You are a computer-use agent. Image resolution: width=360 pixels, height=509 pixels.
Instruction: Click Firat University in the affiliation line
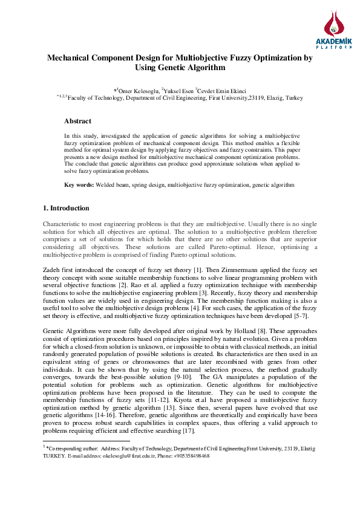(x=224, y=97)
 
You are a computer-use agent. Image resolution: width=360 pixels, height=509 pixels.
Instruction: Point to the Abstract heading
(x=77, y=122)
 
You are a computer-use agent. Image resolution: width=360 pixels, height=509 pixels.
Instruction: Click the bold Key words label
(x=79, y=184)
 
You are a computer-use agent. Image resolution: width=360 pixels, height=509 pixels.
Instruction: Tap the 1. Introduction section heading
(x=66, y=208)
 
